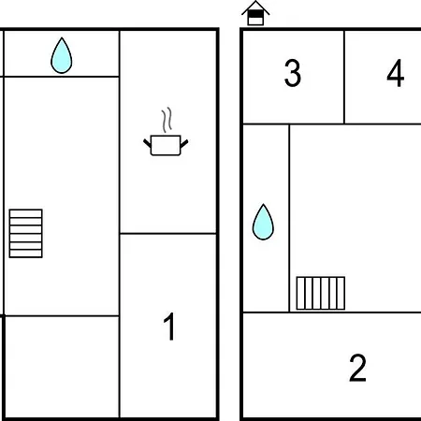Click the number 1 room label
tap(169, 327)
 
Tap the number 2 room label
tap(357, 368)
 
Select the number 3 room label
tap(293, 73)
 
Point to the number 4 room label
tap(396, 73)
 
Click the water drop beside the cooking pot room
tap(62, 55)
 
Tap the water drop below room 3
tap(263, 222)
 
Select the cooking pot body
tap(166, 145)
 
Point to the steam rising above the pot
tap(167, 120)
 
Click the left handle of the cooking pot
tap(147, 144)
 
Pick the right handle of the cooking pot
tap(184, 144)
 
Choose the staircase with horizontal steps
tap(25, 233)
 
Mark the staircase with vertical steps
tap(321, 293)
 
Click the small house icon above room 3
tap(255, 13)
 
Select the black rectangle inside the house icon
tap(255, 14)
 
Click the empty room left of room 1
tap(62, 367)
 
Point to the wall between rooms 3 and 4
tap(344, 77)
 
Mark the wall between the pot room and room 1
tap(167, 233)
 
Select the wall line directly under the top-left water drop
tap(61, 76)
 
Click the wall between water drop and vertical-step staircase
tap(289, 218)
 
